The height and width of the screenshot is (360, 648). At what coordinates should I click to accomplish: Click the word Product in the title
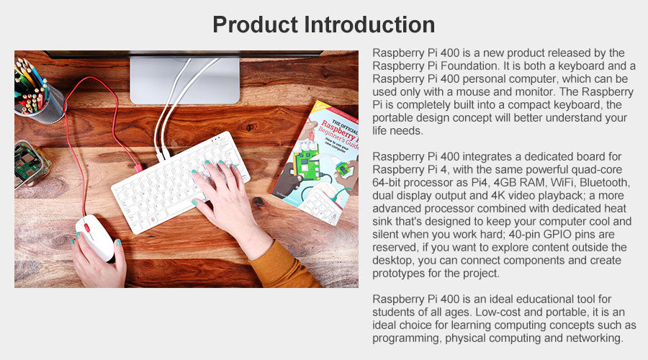pos(255,24)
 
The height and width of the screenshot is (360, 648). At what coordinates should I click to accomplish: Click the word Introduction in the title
pos(370,24)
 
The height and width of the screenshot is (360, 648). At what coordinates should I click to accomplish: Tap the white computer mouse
pos(94,238)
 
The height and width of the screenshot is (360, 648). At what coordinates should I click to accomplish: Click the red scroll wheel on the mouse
pos(87,228)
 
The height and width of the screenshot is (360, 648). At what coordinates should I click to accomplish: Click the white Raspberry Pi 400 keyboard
pos(181,182)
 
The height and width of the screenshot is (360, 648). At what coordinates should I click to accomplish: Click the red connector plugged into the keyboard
pos(138,168)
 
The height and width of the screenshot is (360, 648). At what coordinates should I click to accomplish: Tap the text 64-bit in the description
pos(387,183)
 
